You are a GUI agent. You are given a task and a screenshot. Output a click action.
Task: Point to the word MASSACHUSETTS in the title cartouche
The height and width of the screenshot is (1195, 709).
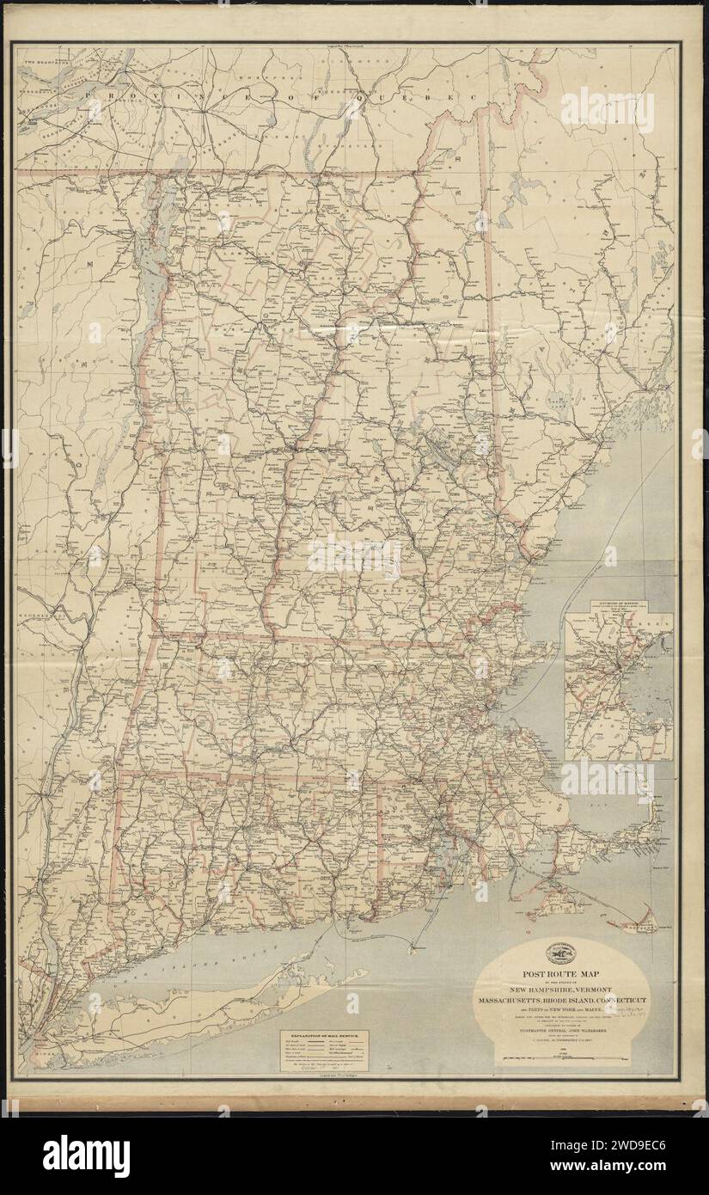pyautogui.click(x=517, y=1002)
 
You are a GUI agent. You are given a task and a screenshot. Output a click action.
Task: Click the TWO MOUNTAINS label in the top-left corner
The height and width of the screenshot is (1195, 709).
pyautogui.click(x=40, y=53)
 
